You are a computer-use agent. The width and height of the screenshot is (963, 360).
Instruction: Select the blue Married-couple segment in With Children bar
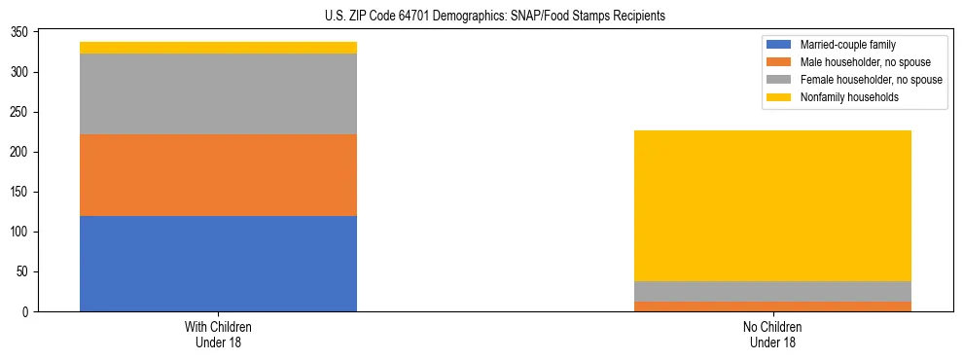tap(218, 263)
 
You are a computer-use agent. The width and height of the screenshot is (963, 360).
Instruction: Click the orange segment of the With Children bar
tap(218, 175)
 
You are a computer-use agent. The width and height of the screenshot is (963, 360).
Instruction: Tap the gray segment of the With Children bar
tap(218, 94)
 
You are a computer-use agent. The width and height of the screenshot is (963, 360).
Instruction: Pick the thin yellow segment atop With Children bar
tap(218, 48)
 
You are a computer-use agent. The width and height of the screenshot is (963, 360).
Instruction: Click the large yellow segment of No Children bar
tap(772, 205)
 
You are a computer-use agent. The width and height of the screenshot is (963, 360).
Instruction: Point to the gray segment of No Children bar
tap(772, 291)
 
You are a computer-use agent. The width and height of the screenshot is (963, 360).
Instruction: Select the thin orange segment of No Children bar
tap(772, 306)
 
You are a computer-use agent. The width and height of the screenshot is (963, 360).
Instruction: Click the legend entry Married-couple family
tap(847, 45)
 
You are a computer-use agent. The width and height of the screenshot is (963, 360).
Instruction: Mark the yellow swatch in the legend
tap(779, 97)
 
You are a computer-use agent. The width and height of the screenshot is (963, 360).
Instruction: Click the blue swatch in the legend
tap(779, 45)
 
